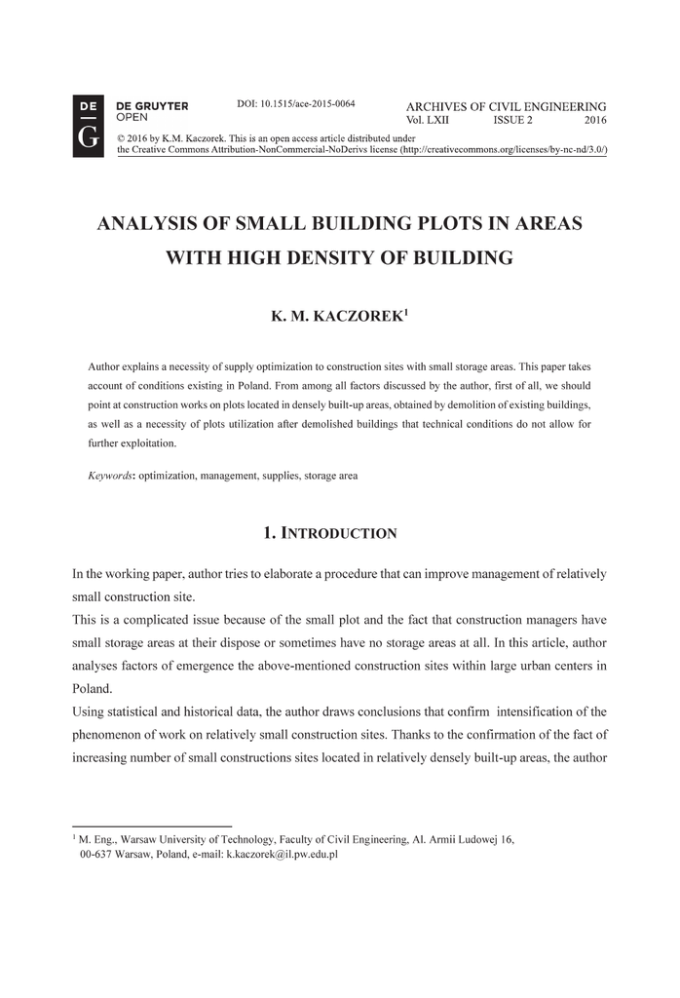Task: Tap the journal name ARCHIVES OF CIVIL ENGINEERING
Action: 506,106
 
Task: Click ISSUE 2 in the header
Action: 512,121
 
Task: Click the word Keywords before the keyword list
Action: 109,476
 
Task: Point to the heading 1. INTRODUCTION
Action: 330,533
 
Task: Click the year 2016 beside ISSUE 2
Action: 595,121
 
